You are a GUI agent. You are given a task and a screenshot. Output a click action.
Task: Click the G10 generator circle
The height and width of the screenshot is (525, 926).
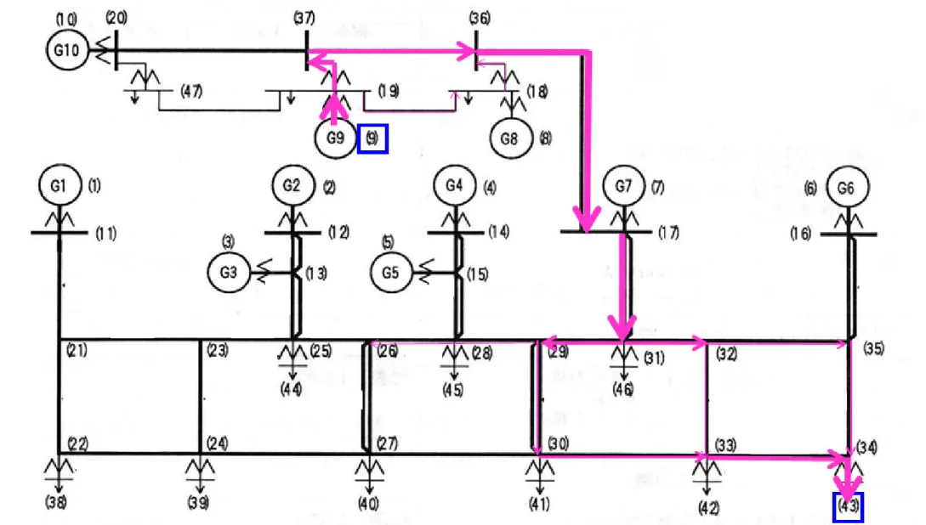click(x=66, y=49)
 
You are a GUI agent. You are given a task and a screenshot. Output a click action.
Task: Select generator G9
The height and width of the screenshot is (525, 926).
click(x=335, y=138)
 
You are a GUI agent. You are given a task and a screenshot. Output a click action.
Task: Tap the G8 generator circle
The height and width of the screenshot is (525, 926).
click(x=511, y=138)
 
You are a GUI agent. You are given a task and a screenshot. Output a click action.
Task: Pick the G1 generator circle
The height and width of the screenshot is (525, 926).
click(x=60, y=185)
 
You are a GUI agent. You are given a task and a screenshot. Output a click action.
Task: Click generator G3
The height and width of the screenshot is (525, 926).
click(x=229, y=272)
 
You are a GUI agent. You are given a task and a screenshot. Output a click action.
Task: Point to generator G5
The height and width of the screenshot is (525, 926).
click(x=391, y=273)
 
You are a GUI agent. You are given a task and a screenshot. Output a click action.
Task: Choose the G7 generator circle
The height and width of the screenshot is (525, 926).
click(x=623, y=186)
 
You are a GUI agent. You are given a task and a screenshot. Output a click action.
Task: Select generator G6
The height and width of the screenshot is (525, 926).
click(x=848, y=188)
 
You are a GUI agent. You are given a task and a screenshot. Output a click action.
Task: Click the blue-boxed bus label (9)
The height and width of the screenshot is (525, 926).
click(x=372, y=138)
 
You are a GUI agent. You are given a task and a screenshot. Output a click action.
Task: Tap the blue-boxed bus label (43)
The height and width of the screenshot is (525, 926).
click(x=848, y=506)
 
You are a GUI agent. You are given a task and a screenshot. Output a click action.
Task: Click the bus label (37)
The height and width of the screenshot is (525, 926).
click(x=304, y=18)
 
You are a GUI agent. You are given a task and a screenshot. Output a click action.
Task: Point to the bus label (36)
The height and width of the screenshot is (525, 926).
click(x=480, y=19)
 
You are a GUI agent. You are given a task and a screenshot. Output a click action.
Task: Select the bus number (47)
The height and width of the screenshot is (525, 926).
click(x=191, y=91)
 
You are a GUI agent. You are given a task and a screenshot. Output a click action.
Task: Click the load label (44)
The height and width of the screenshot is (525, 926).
click(x=292, y=389)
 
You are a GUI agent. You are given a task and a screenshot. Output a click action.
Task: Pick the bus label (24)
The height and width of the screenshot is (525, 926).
click(x=218, y=443)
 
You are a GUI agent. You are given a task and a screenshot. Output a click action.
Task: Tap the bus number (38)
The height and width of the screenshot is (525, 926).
click(x=56, y=503)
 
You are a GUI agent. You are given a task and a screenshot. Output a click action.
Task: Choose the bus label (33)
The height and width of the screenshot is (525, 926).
click(x=726, y=444)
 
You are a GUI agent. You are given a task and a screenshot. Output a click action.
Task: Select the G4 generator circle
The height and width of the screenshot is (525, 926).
click(x=454, y=186)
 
